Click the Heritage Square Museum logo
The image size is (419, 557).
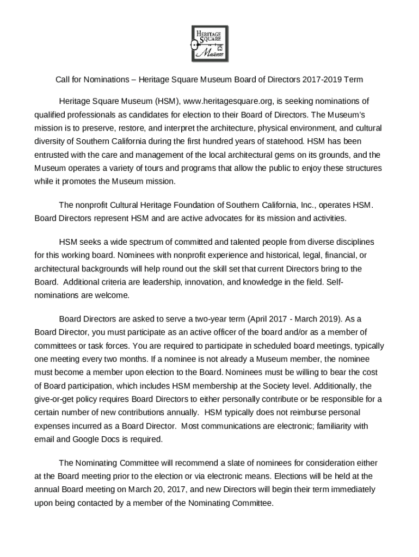coord(209,43)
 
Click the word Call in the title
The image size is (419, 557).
coord(63,79)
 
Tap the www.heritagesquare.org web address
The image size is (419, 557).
coord(228,101)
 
